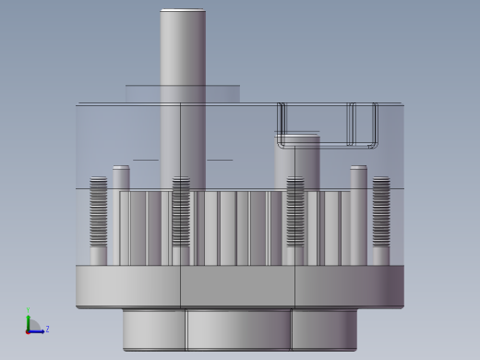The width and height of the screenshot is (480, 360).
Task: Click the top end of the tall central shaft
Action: pos(183,12)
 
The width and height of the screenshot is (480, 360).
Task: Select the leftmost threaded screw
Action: pos(98,212)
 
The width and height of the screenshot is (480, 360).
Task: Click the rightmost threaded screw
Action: pos(380,212)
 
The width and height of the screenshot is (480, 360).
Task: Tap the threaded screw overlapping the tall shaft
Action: pos(181,212)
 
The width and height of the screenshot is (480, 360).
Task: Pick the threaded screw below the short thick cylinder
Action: pos(295,212)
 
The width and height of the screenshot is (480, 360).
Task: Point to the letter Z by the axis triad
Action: pos(47,329)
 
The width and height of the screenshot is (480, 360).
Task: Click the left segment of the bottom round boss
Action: pos(154,329)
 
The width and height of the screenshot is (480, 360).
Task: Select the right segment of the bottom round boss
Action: pos(324,329)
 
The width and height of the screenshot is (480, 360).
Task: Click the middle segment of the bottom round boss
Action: pos(238,329)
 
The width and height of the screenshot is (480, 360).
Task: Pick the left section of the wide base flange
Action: pos(128,286)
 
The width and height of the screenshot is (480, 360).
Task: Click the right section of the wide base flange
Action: pos(349,286)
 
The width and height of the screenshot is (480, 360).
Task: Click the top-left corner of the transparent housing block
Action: pos(78,104)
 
